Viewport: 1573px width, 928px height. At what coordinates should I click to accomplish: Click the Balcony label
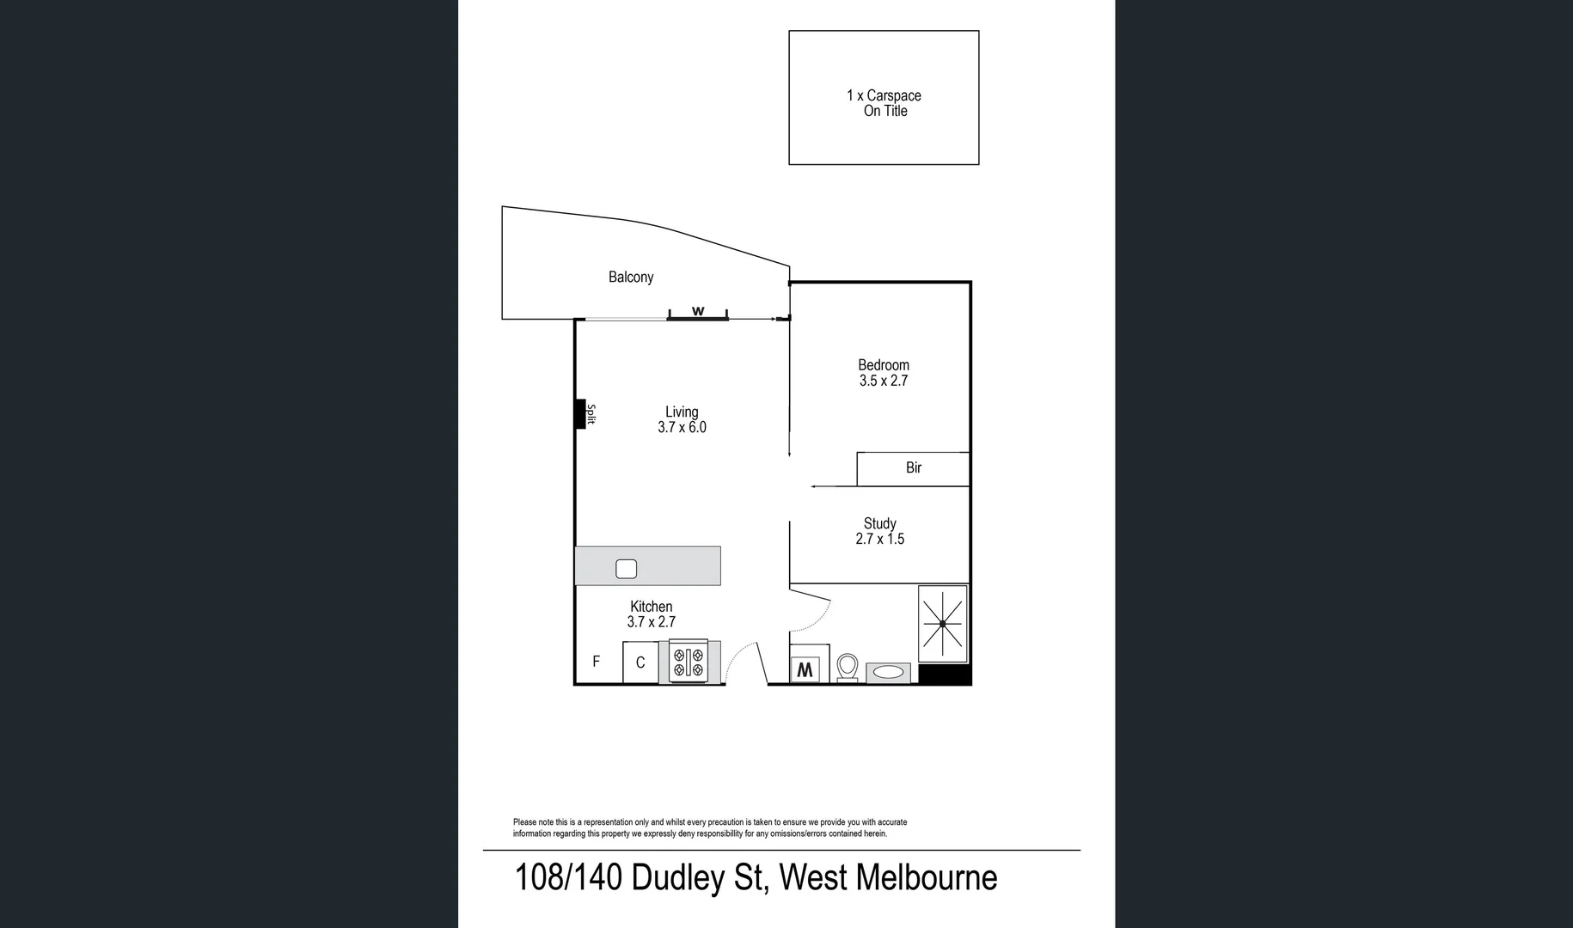pyautogui.click(x=631, y=277)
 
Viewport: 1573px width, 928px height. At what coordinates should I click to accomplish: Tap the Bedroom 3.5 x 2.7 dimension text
pyautogui.click(x=884, y=381)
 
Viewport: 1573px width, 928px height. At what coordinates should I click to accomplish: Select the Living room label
pyautogui.click(x=682, y=412)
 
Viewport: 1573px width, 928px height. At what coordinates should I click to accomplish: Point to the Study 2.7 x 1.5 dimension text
pyautogui.click(x=879, y=539)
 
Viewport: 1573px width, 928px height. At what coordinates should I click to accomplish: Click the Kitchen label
pyautogui.click(x=651, y=607)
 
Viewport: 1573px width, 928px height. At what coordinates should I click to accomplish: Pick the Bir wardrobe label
pyautogui.click(x=914, y=468)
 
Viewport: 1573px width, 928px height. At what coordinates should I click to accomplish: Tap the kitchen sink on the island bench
pyautogui.click(x=626, y=568)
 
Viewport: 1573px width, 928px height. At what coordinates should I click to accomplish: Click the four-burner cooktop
pyautogui.click(x=688, y=662)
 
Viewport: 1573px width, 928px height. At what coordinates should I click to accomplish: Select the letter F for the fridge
pyautogui.click(x=597, y=662)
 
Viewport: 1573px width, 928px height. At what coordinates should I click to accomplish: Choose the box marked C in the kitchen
pyautogui.click(x=640, y=662)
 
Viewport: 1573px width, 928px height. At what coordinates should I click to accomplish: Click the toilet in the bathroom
pyautogui.click(x=848, y=667)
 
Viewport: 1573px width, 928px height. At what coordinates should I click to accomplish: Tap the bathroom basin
pyautogui.click(x=889, y=672)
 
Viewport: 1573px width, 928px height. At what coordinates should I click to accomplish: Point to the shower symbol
pyautogui.click(x=943, y=623)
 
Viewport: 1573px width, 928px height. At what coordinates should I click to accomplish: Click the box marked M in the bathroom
pyautogui.click(x=805, y=669)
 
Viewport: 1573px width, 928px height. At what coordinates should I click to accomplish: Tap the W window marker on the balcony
pyautogui.click(x=698, y=311)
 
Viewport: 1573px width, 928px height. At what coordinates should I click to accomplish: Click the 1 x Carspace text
pyautogui.click(x=884, y=95)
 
